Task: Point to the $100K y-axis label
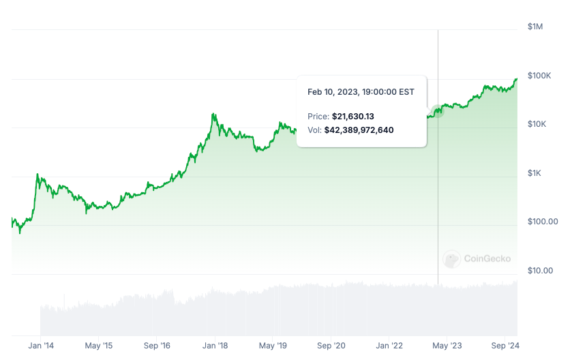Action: [x=539, y=75]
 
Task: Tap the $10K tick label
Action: [x=537, y=124]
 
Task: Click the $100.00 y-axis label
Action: [x=543, y=222]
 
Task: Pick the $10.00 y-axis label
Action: [x=540, y=271]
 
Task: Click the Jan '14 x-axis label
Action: [x=40, y=346]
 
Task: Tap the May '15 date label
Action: [x=98, y=346]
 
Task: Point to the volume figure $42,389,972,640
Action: [x=359, y=130]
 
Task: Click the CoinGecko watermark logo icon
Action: [x=451, y=258]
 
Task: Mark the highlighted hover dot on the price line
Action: [x=438, y=111]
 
